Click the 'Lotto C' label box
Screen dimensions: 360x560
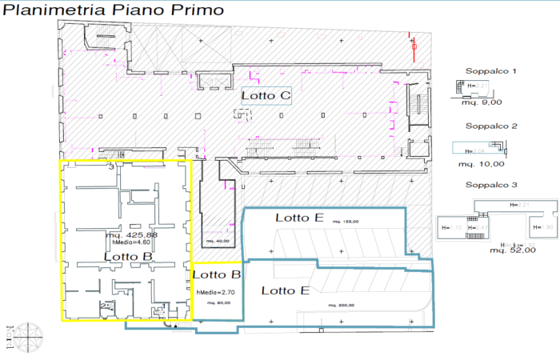pyautogui.click(x=266, y=96)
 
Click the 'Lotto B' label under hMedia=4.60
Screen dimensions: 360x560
pyautogui.click(x=128, y=255)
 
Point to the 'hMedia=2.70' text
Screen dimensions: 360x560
pyautogui.click(x=214, y=293)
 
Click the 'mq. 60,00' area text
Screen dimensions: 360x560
pyautogui.click(x=213, y=303)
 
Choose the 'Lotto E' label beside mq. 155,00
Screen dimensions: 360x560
pyautogui.click(x=299, y=218)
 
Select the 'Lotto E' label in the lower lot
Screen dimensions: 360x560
pyautogui.click(x=286, y=290)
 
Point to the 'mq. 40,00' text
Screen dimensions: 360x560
pyautogui.click(x=217, y=241)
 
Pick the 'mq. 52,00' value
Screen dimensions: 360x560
pyautogui.click(x=513, y=250)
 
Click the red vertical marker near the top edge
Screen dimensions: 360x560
pyautogui.click(x=414, y=48)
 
